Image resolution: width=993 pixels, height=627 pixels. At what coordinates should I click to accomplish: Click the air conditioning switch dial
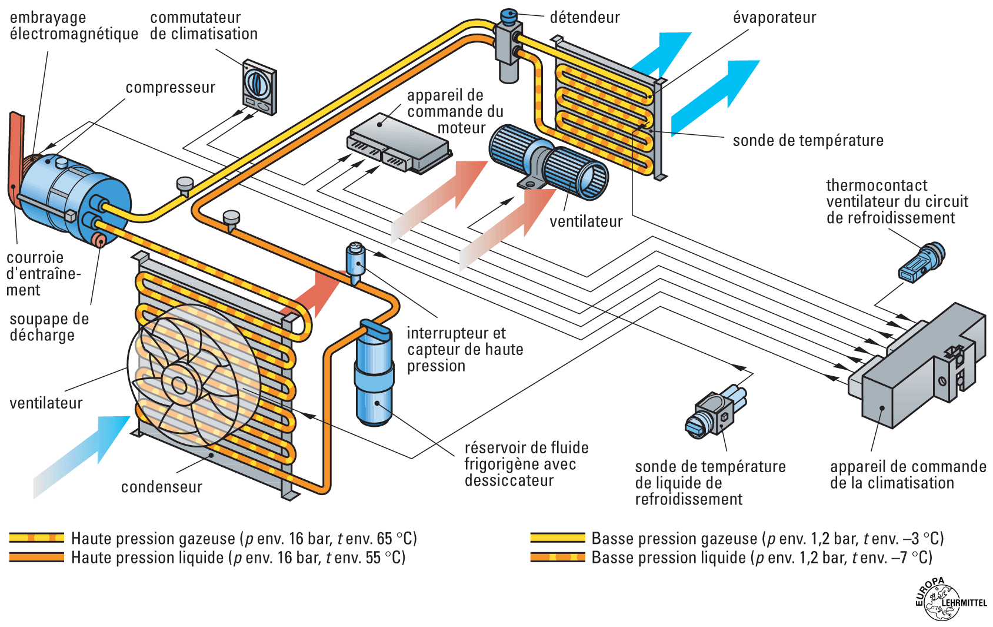[256, 83]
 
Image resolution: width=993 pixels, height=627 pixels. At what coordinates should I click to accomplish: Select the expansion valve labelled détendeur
[508, 44]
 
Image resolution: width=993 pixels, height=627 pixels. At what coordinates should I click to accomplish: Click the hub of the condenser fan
[178, 386]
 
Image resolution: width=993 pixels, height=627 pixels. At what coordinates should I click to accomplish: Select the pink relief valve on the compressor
[98, 240]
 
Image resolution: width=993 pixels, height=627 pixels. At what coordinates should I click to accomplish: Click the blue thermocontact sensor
[921, 263]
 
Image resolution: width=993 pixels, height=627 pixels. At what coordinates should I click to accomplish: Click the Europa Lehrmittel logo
[948, 600]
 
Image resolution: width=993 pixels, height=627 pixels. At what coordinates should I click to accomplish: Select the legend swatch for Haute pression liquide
[36, 557]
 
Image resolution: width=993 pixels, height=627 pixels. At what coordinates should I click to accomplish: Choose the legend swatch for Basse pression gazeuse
[558, 538]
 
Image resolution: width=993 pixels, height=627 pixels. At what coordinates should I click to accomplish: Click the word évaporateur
[774, 18]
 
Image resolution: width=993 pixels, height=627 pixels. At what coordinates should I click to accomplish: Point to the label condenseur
[162, 487]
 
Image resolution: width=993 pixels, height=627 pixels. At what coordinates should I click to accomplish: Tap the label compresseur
[171, 88]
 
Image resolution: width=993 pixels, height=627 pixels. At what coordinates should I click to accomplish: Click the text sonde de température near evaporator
[808, 141]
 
